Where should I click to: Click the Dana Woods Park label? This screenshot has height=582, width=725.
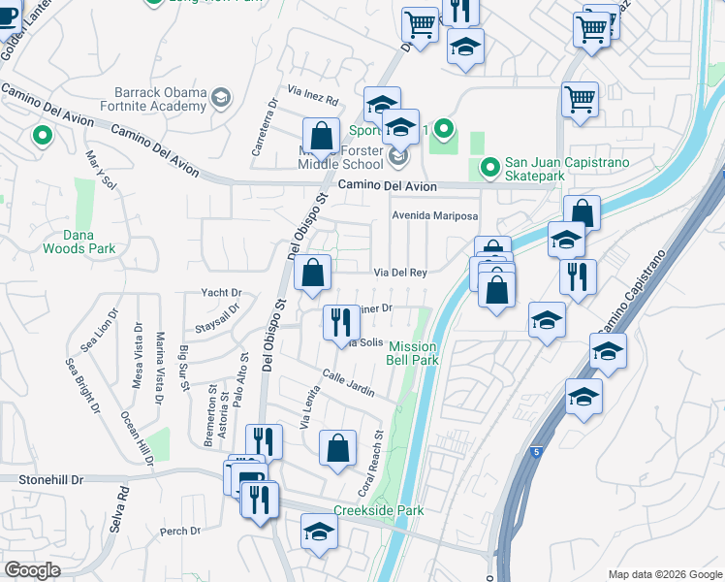(79, 242)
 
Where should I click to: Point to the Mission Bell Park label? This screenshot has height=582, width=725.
(413, 353)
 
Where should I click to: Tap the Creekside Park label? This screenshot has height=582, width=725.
(373, 511)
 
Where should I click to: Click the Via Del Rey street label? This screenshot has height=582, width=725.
(402, 273)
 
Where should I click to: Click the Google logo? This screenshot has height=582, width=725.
(32, 570)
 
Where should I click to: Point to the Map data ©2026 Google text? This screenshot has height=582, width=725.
(663, 574)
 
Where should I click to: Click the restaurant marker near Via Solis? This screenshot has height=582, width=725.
(340, 323)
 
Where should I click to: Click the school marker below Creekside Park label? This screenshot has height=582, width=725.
(318, 533)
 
